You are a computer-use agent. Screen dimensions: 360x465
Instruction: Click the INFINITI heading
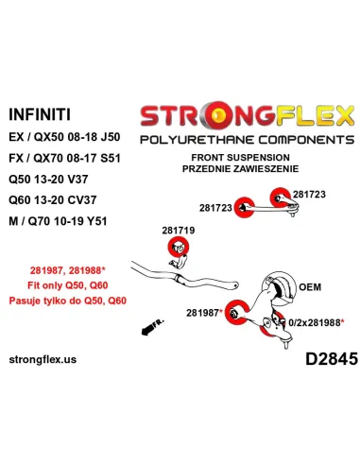pyautogui.click(x=40, y=114)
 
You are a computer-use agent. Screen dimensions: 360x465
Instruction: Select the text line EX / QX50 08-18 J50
pyautogui.click(x=64, y=137)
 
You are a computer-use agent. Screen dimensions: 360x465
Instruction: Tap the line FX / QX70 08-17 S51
pyautogui.click(x=64, y=158)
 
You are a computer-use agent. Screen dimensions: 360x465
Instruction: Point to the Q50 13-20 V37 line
pyautogui.click(x=48, y=179)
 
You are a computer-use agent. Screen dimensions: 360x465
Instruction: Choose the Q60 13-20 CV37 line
pyautogui.click(x=52, y=199)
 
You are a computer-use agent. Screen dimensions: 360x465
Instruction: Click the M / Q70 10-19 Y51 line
pyautogui.click(x=58, y=221)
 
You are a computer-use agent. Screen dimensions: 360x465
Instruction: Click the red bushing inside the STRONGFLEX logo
pyautogui.click(x=219, y=116)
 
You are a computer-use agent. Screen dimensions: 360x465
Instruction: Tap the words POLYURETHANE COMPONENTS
pyautogui.click(x=248, y=140)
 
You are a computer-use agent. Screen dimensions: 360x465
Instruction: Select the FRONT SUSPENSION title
pyautogui.click(x=240, y=157)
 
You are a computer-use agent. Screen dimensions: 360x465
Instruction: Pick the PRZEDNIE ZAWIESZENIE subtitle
pyautogui.click(x=240, y=168)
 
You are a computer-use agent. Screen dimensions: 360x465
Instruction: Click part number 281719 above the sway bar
pyautogui.click(x=179, y=231)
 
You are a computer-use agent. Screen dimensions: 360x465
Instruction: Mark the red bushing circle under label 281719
pyautogui.click(x=179, y=247)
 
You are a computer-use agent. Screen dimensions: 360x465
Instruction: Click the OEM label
pyautogui.click(x=310, y=287)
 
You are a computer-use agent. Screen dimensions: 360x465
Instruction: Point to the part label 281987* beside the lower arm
pyautogui.click(x=204, y=313)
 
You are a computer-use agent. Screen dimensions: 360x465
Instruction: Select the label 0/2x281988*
pyautogui.click(x=316, y=322)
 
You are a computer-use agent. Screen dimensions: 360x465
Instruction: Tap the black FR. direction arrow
pyautogui.click(x=152, y=327)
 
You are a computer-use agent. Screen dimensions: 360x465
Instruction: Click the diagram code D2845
pyautogui.click(x=332, y=358)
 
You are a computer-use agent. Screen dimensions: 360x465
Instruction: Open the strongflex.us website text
pyautogui.click(x=43, y=359)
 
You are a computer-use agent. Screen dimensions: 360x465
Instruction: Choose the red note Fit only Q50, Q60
pyautogui.click(x=68, y=285)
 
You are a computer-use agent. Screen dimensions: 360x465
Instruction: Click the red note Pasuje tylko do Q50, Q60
pyautogui.click(x=68, y=301)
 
